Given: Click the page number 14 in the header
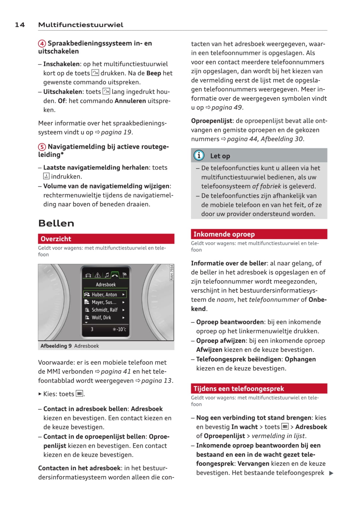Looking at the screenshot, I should click(x=20, y=25).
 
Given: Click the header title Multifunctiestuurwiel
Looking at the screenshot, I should click(x=80, y=25).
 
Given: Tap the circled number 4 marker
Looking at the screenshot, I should click(x=42, y=43).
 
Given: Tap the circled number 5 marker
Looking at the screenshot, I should click(x=42, y=147).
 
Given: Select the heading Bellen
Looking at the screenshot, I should click(x=56, y=223).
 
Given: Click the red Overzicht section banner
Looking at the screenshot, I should click(x=106, y=239).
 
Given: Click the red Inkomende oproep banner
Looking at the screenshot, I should click(x=259, y=234).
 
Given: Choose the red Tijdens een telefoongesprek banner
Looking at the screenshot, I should click(x=259, y=388).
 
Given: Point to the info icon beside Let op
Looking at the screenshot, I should click(x=199, y=155).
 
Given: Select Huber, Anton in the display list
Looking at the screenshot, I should click(x=104, y=295).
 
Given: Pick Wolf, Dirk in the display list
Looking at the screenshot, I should click(x=101, y=318).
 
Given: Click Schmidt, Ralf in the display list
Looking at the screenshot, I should click(x=104, y=310).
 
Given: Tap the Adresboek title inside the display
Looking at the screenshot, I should click(x=106, y=284).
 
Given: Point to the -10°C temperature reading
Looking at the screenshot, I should click(x=119, y=329).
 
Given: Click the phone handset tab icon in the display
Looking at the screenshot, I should click(x=115, y=275).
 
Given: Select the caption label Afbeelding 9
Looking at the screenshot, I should click(x=56, y=346).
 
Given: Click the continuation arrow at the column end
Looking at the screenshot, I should click(x=331, y=473).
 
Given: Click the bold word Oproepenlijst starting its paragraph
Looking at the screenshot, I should click(x=212, y=121).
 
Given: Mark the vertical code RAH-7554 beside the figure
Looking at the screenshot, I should click(x=172, y=272).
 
